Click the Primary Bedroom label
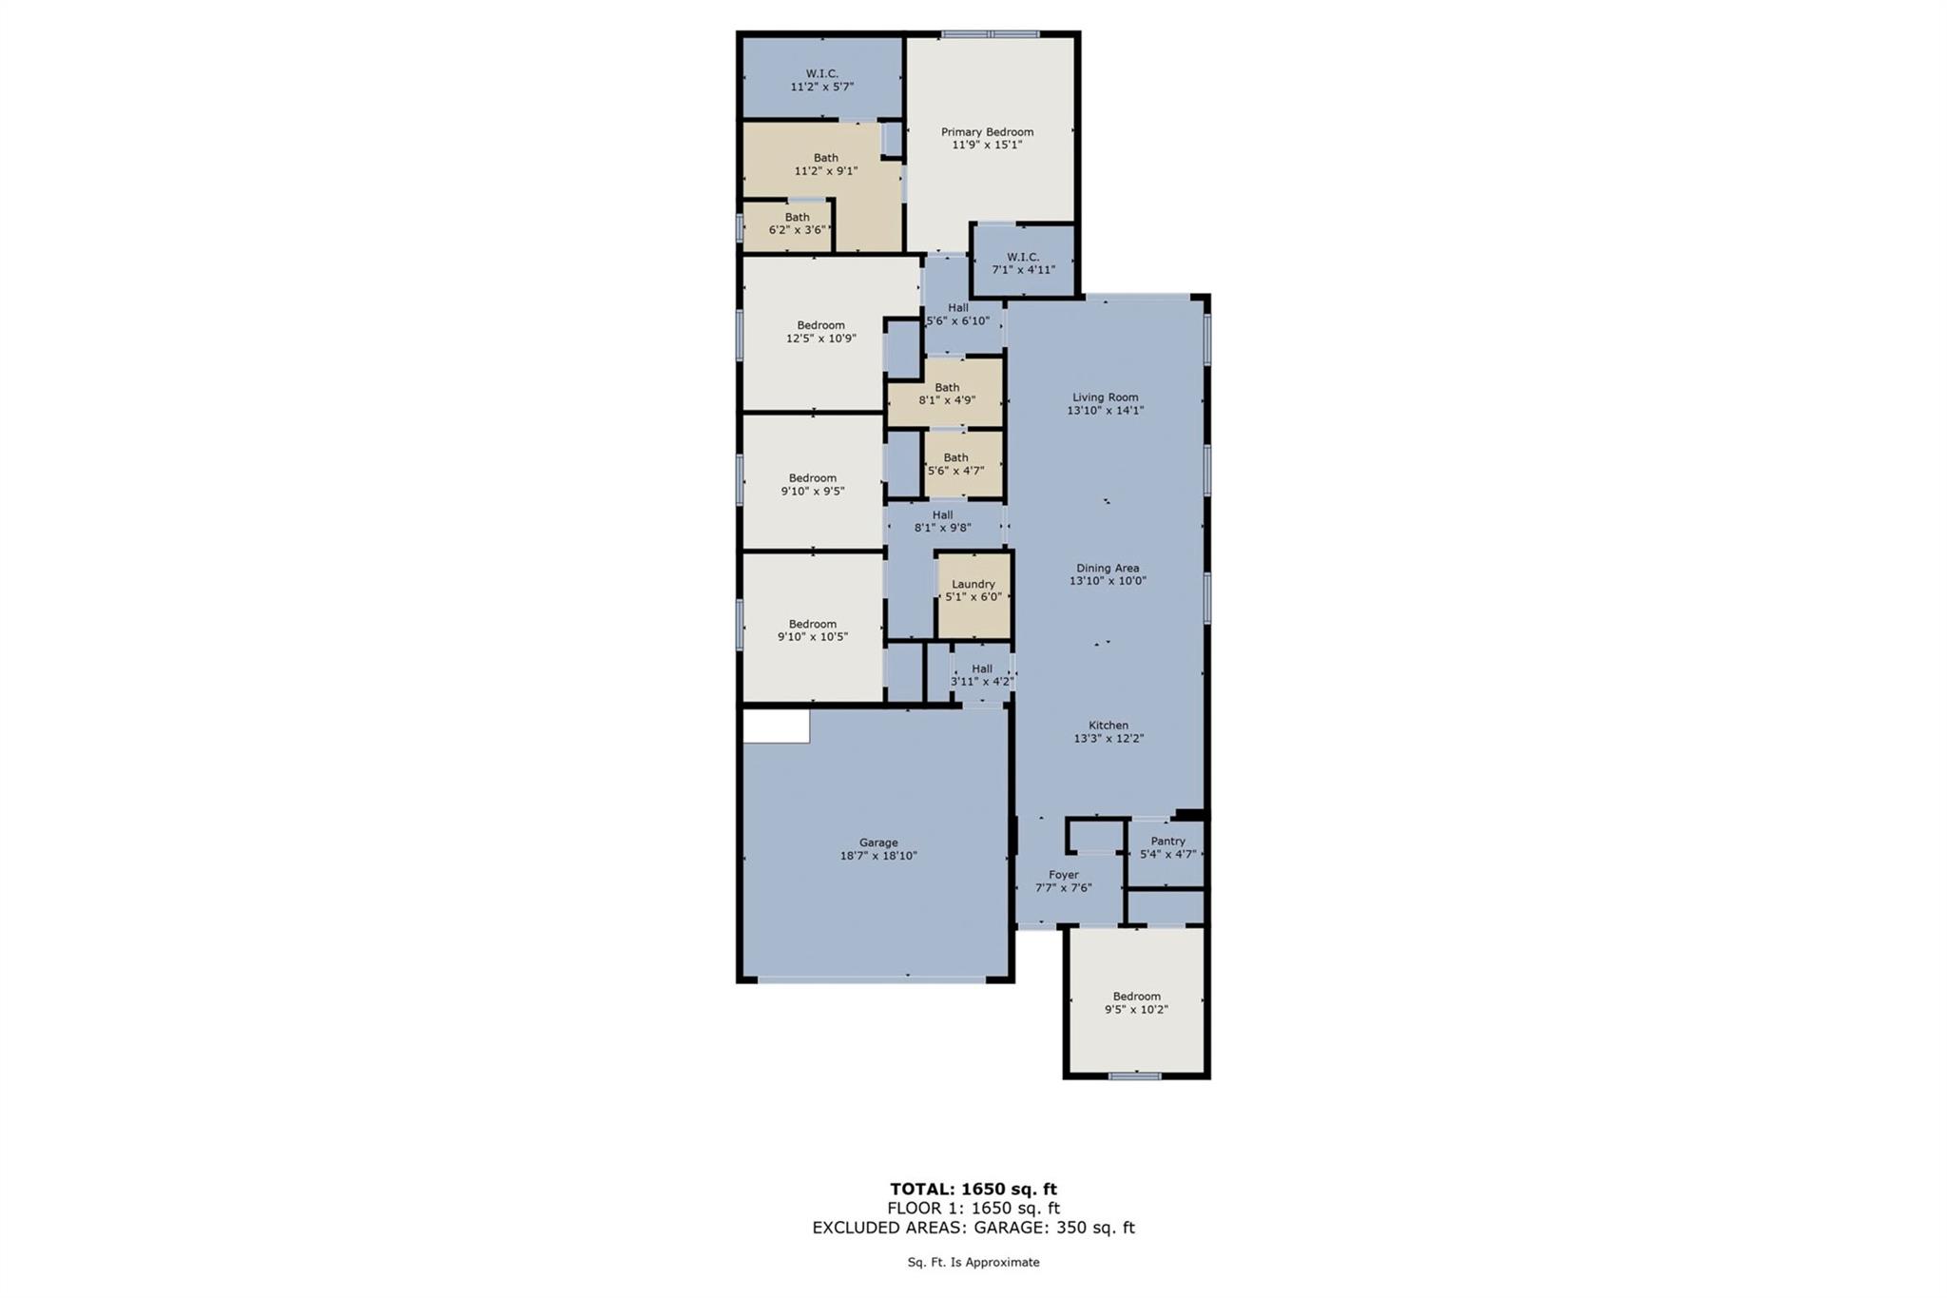click(987, 132)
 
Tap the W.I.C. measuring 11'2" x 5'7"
click(821, 80)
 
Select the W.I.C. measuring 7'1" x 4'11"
click(1023, 262)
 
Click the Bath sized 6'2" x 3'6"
click(797, 223)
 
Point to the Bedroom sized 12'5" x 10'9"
click(820, 331)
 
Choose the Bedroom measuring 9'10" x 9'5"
click(812, 484)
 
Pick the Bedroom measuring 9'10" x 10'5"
click(812, 630)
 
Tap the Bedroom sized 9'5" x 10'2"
click(1136, 1002)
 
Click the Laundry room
click(973, 591)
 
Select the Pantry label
click(1167, 841)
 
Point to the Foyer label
click(1063, 875)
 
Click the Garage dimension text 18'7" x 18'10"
click(878, 856)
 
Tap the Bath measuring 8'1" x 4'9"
click(947, 394)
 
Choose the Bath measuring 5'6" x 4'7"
click(955, 463)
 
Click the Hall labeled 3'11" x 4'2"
click(982, 675)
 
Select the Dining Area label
click(1108, 568)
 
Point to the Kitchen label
click(1108, 725)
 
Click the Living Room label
click(1105, 397)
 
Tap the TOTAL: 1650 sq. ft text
click(973, 1189)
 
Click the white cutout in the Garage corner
click(776, 726)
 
